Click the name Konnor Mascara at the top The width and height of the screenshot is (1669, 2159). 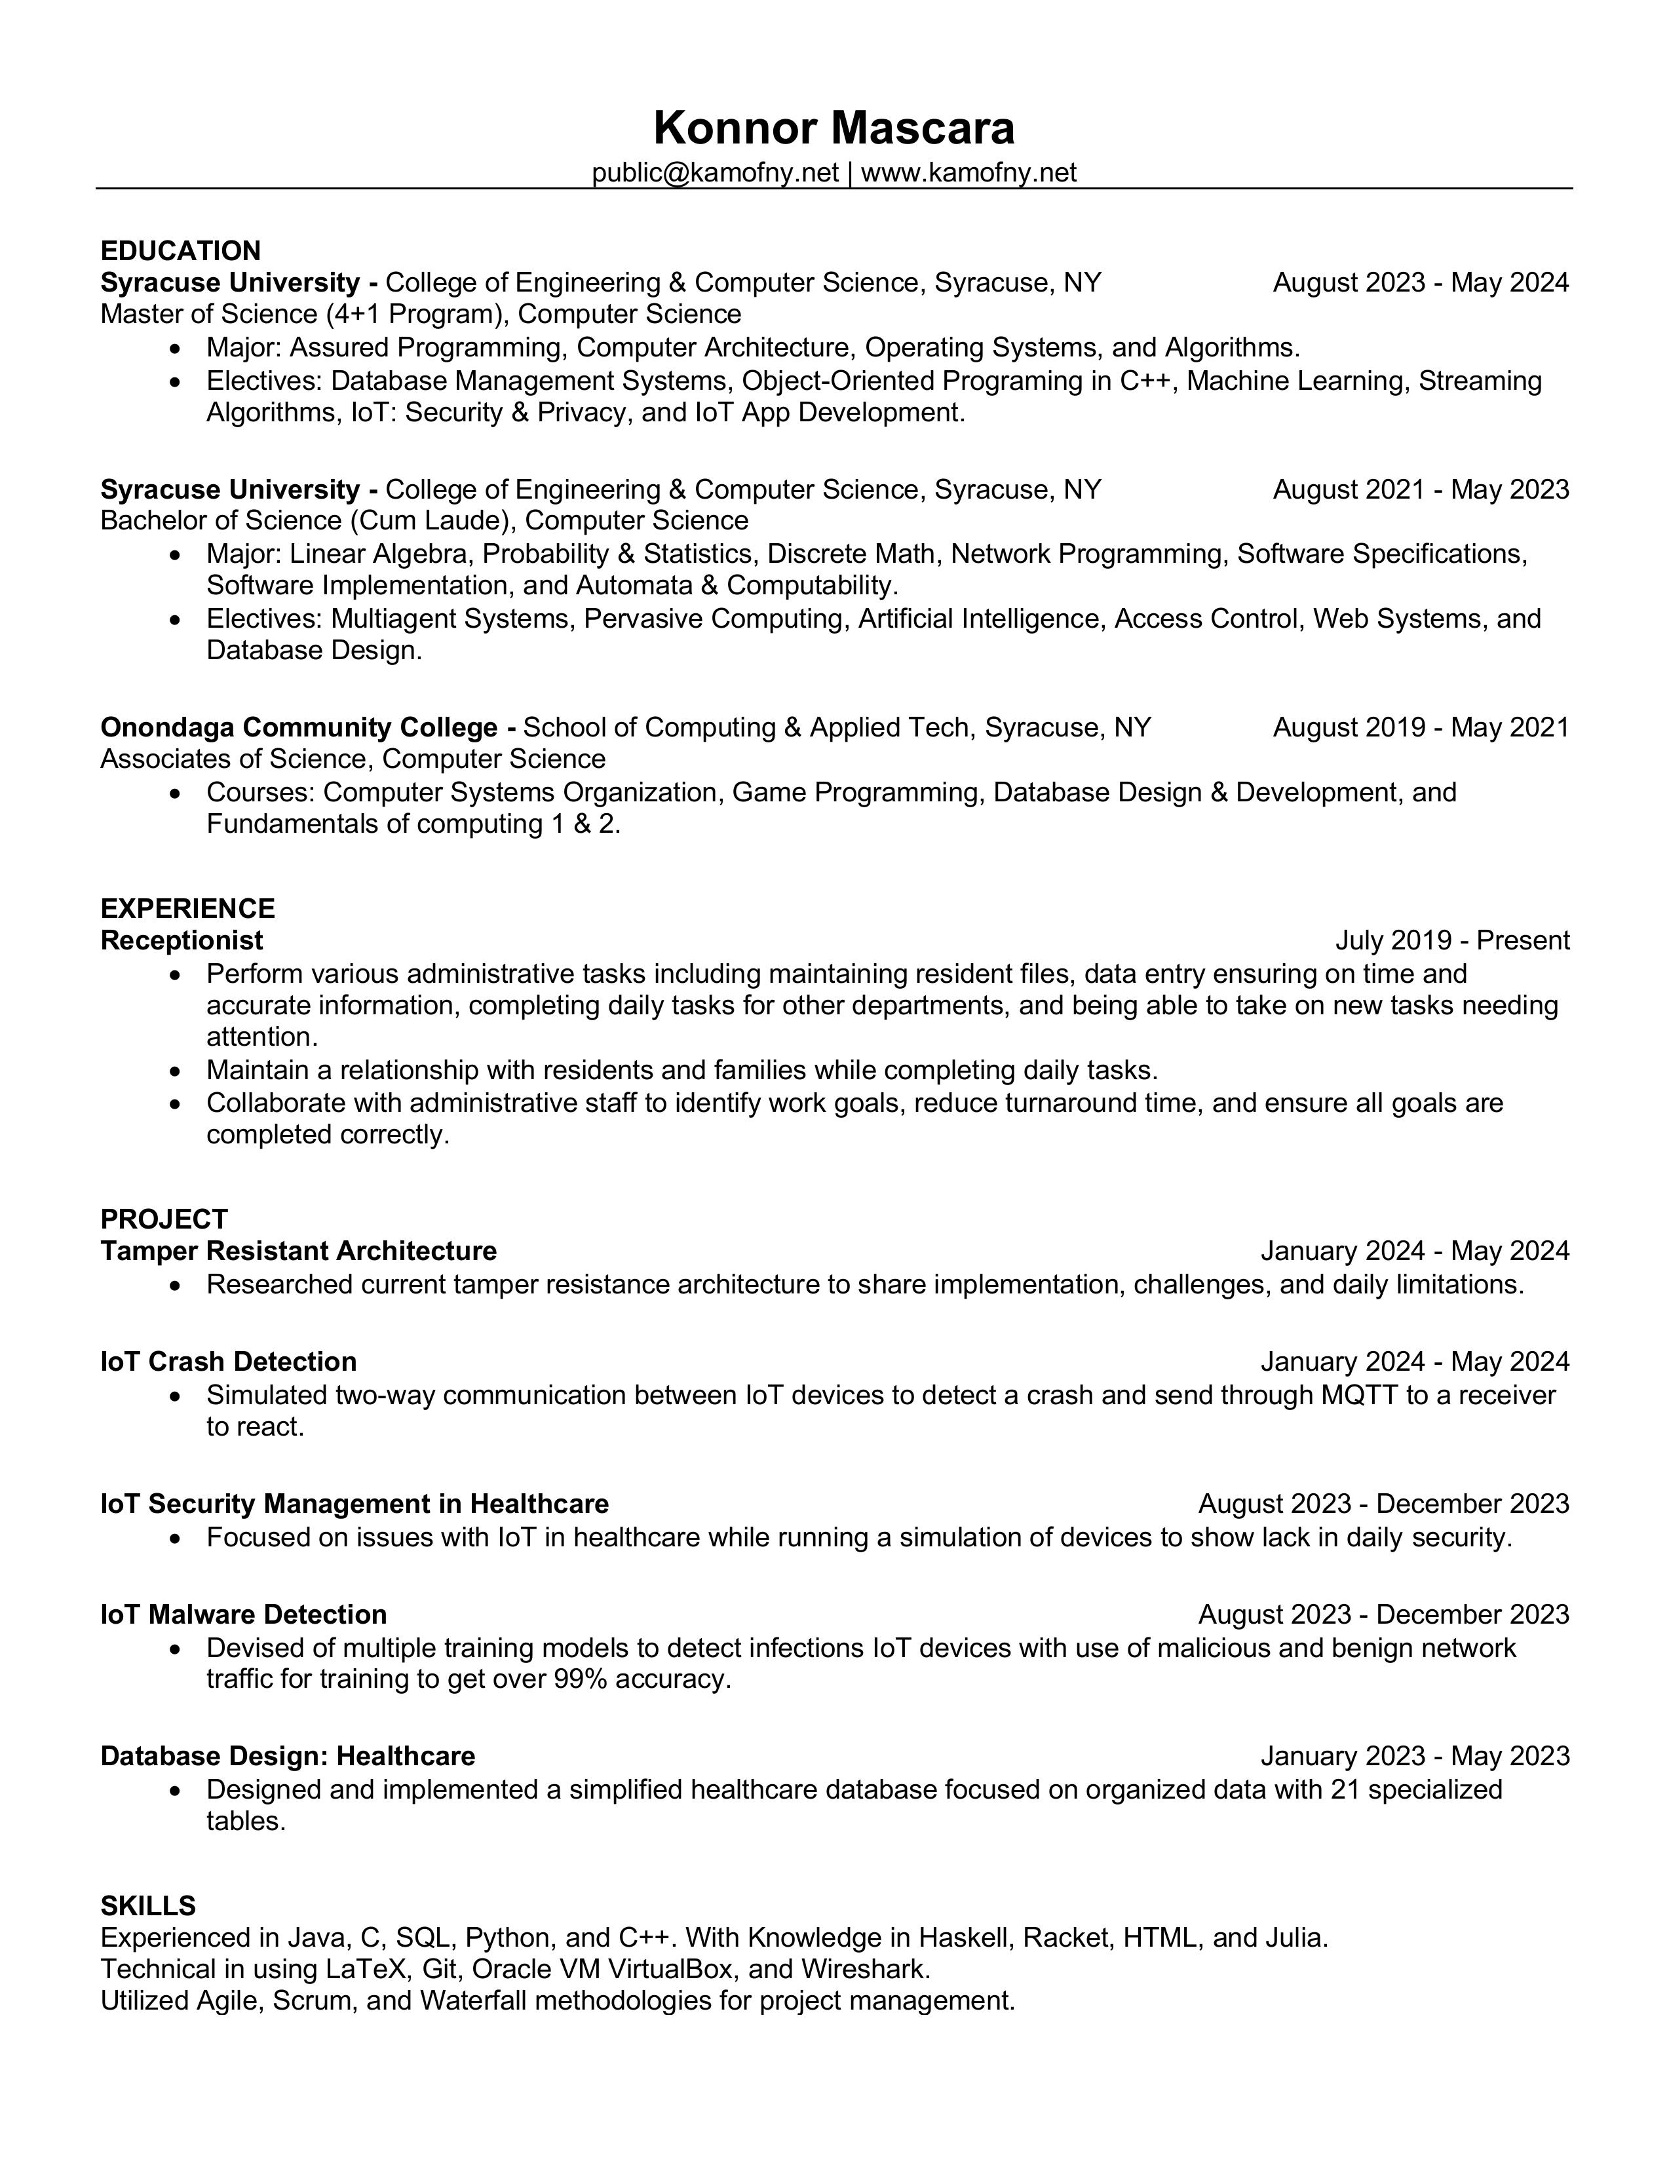[x=834, y=128]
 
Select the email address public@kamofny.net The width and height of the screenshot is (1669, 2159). [x=715, y=173]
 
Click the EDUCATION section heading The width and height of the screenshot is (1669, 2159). [x=181, y=251]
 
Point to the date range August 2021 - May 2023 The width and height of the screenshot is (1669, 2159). [x=1420, y=490]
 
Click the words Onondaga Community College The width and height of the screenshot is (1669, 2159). [x=299, y=727]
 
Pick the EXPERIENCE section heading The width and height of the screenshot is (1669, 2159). [x=188, y=908]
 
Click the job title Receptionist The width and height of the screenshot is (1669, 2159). [x=182, y=940]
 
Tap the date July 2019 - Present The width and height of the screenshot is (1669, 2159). [x=1451, y=940]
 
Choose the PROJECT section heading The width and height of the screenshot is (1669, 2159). [x=164, y=1219]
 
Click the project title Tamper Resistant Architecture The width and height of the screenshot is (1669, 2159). [x=299, y=1251]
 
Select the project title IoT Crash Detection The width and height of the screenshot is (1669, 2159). [x=229, y=1362]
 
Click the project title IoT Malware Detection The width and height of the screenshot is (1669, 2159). [x=243, y=1614]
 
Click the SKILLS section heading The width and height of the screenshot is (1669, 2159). [x=148, y=1906]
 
